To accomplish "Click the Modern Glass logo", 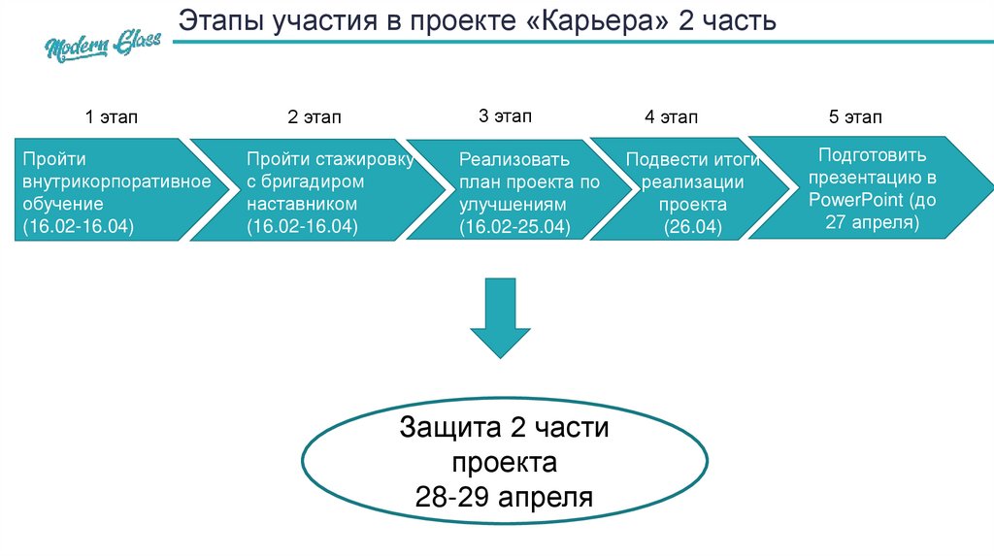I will [102, 42].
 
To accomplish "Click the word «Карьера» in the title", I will [602, 20].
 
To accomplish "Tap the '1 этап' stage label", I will [112, 117].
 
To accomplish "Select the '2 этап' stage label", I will [315, 118].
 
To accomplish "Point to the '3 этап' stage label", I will [505, 116].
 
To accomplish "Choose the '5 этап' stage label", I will [855, 117].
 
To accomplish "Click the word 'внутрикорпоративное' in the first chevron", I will [116, 181].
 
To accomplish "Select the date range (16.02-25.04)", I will [515, 227].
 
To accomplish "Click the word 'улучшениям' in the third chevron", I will [509, 205].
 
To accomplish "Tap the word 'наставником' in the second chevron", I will [302, 205].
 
